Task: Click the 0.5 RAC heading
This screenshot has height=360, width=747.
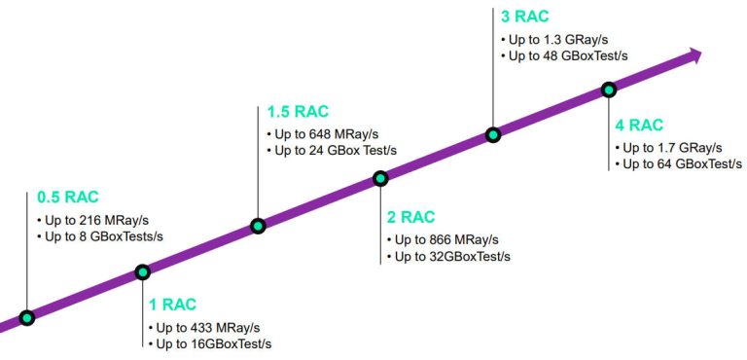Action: click(68, 197)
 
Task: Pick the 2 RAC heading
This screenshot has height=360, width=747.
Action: click(410, 217)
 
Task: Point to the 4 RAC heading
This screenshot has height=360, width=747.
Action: click(639, 125)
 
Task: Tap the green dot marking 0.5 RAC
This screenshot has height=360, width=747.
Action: click(27, 317)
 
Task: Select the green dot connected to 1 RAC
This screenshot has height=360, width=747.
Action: click(143, 271)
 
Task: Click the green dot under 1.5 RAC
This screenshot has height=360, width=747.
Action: click(258, 226)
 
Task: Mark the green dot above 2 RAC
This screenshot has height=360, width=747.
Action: click(380, 178)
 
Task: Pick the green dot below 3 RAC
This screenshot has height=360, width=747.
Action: click(493, 134)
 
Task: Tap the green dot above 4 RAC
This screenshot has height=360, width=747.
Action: click(609, 90)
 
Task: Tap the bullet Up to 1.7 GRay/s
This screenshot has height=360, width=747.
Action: click(672, 147)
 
